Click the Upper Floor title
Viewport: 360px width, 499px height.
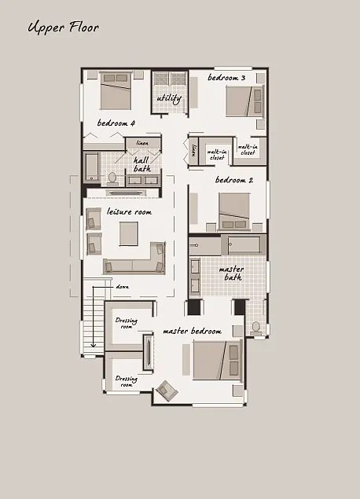pyautogui.click(x=63, y=28)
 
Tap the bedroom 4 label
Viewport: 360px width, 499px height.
pyautogui.click(x=116, y=123)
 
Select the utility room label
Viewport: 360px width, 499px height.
pyautogui.click(x=169, y=98)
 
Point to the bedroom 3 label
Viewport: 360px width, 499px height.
pyautogui.click(x=226, y=79)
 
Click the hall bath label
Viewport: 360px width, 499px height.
pyautogui.click(x=141, y=163)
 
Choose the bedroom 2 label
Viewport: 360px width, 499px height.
pyautogui.click(x=233, y=181)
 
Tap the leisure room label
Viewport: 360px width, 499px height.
pyautogui.click(x=129, y=212)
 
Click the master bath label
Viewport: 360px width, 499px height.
pyautogui.click(x=233, y=273)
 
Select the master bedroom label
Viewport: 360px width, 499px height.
pyautogui.click(x=192, y=332)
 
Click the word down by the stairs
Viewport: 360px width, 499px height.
pyautogui.click(x=122, y=287)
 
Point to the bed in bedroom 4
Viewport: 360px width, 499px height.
pyautogui.click(x=116, y=91)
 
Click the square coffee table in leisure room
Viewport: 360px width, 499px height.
pyautogui.click(x=127, y=233)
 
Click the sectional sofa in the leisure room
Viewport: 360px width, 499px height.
pyautogui.click(x=135, y=261)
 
